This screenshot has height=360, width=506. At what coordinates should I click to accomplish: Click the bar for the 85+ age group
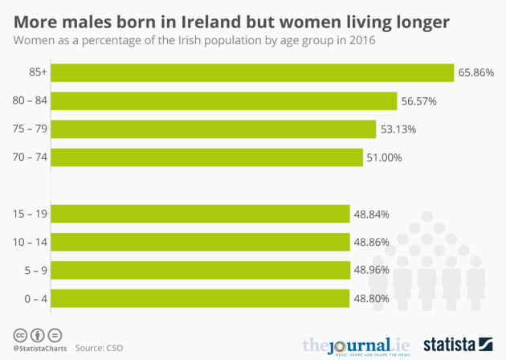[252, 72]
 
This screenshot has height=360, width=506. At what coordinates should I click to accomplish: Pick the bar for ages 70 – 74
[207, 157]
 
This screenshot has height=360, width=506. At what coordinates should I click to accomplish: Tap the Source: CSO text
[99, 347]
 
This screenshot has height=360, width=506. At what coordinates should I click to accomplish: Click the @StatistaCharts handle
[39, 348]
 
